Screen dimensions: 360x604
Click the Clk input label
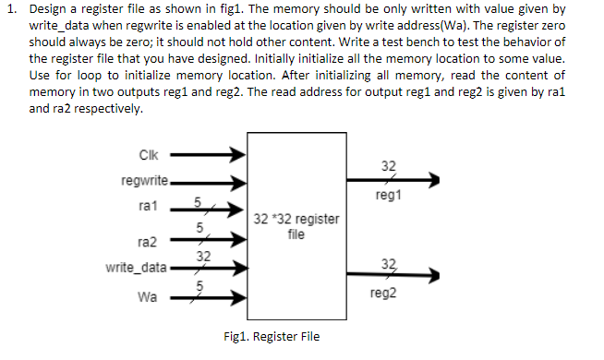tap(148, 156)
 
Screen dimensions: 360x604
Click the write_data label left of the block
tap(137, 268)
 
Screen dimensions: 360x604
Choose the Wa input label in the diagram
tap(147, 297)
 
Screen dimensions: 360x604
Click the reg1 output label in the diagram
tap(388, 197)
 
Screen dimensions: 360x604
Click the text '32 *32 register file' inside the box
tap(296, 227)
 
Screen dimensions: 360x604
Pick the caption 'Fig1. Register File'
tap(272, 336)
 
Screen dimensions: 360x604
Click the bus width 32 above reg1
tap(388, 167)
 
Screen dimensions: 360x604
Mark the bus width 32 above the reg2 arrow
tap(388, 263)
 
